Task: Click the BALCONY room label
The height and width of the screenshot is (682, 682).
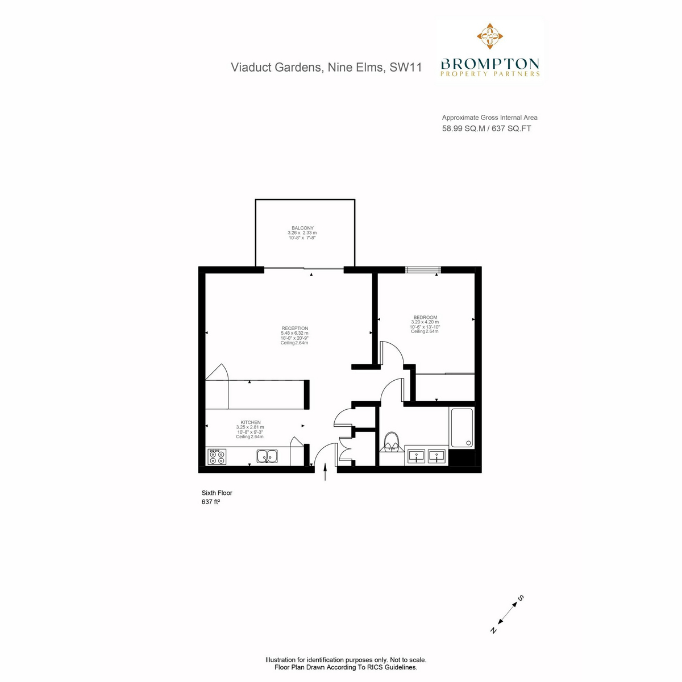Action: pos(302,228)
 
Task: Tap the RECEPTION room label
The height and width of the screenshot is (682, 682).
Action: pos(294,328)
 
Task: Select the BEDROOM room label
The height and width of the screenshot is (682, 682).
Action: pos(425,318)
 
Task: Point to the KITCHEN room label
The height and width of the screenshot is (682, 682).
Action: pos(250,422)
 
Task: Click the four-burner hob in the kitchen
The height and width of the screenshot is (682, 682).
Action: pos(217,456)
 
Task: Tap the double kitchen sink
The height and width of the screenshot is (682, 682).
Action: pos(267,456)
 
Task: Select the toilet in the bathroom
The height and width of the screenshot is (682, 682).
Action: pos(391,442)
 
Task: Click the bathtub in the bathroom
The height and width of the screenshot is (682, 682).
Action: pos(461,427)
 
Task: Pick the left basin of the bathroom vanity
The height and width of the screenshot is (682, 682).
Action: pos(416,456)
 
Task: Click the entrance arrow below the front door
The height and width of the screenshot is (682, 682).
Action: pos(325,472)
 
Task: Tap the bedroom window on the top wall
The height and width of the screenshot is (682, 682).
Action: pos(423,270)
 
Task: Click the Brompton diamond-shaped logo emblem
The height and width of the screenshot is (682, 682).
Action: pos(489,36)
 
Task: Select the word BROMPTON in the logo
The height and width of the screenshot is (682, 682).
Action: pos(490,64)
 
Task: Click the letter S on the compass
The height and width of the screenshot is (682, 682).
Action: pos(521,598)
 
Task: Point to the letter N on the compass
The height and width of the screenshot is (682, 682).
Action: pos(493,630)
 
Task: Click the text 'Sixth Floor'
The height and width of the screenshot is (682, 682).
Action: pos(217,493)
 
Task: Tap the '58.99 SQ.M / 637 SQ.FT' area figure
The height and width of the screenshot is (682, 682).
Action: pos(486,128)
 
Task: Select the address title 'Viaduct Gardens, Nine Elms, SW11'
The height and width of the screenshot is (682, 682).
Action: pos(326,67)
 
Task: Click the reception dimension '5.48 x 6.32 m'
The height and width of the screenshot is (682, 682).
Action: pos(294,333)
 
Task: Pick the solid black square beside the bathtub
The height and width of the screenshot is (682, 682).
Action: pos(461,458)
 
